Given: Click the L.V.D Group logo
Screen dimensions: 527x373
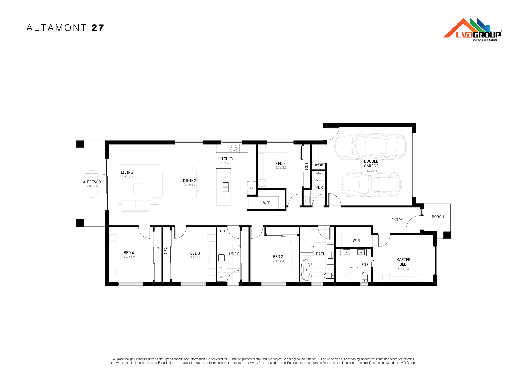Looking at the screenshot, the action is point(473,30).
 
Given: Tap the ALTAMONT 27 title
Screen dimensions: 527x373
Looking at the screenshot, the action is point(65,28).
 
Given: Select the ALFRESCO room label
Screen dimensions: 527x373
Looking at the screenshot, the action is point(92,182).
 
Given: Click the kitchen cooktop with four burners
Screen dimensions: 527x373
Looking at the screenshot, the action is point(233,149).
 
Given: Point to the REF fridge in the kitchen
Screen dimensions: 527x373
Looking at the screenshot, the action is point(252,188).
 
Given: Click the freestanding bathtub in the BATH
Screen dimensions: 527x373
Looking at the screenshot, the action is point(306,270).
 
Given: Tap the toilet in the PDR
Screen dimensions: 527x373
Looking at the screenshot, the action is point(319,176).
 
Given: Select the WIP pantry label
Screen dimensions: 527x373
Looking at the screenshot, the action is point(267,203).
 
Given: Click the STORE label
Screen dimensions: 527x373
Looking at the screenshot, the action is point(319,166).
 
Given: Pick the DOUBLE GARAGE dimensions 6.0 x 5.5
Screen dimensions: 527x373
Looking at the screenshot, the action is point(372,171).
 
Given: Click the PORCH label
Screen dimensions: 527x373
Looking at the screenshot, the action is point(438,217).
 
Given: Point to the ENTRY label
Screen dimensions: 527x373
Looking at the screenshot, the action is point(397,220).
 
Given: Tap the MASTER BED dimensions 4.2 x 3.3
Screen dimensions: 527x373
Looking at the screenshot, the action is point(403,269).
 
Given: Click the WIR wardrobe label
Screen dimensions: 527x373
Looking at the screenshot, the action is point(356,241).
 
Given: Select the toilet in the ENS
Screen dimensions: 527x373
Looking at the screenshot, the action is point(365,277).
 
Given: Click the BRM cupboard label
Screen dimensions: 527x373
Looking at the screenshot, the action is point(222,231).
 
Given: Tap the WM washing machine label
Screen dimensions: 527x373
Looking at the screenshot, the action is point(221,268).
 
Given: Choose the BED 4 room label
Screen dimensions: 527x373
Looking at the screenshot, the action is point(129,253).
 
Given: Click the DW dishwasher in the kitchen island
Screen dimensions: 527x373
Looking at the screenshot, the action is point(226,177).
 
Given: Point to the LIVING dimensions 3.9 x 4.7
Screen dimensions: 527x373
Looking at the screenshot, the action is point(127,177).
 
